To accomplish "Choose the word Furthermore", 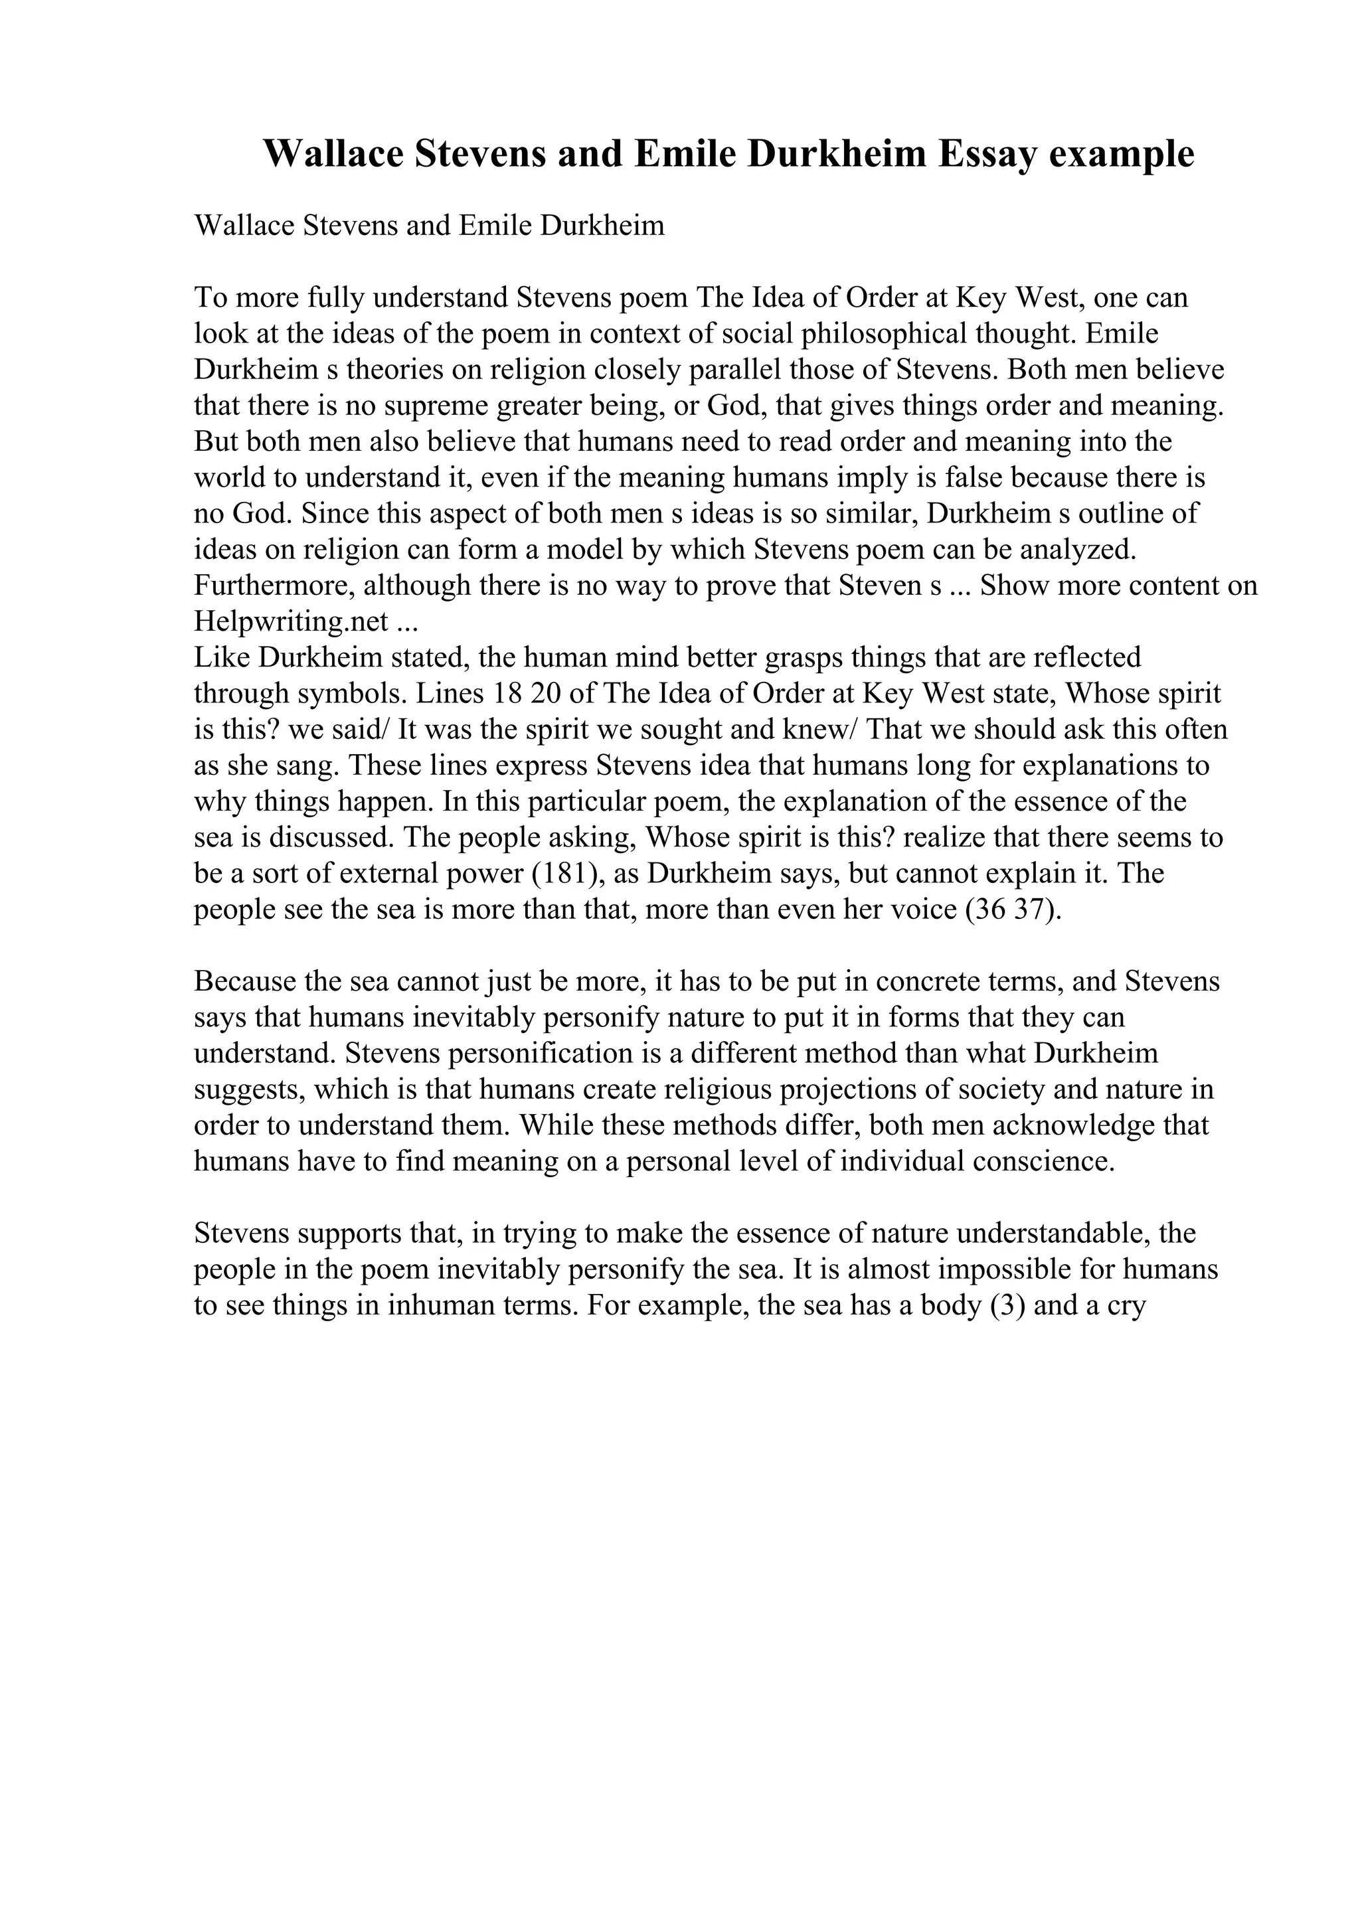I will pos(262,585).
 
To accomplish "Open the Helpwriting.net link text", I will pos(291,621).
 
